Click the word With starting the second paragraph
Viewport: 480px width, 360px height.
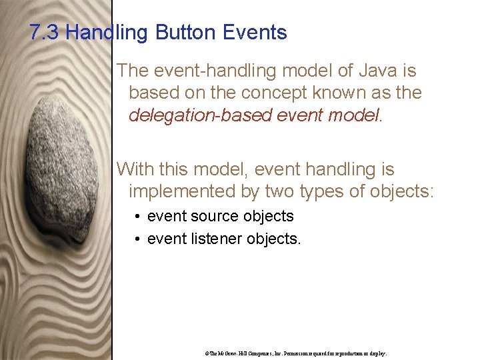(x=135, y=170)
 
